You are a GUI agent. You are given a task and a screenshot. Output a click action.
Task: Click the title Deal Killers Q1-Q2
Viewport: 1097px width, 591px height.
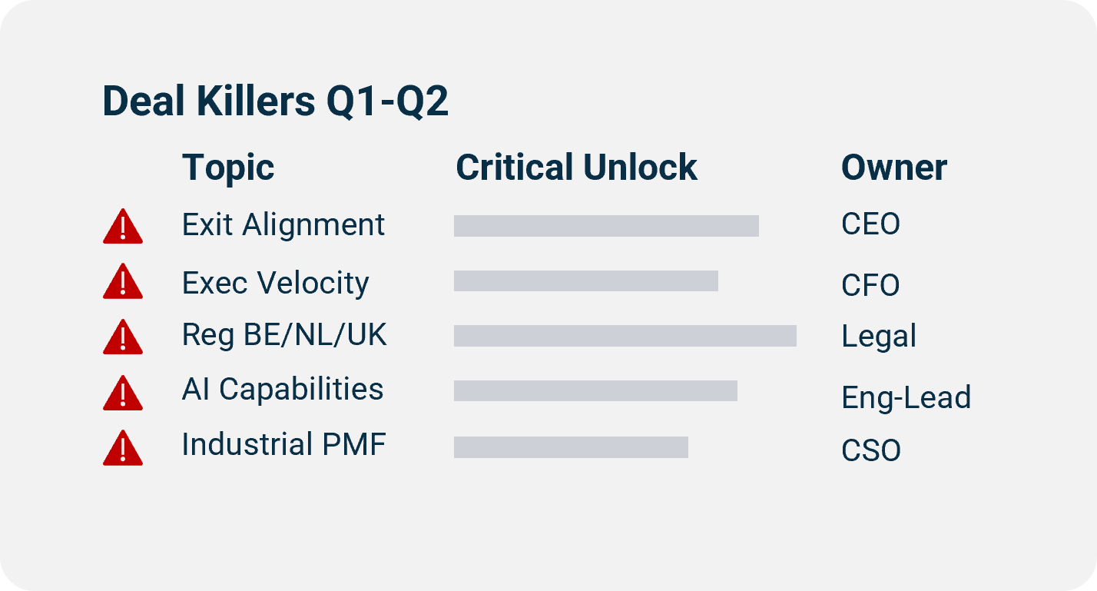pos(275,101)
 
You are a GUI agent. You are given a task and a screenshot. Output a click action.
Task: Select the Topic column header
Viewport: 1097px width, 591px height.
pos(228,168)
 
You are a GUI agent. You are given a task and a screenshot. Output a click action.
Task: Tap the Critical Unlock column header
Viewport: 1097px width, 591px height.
pos(576,168)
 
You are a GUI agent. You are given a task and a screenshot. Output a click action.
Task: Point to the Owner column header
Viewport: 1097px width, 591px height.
pos(894,168)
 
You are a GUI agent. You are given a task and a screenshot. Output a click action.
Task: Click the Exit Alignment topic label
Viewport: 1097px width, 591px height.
pos(283,225)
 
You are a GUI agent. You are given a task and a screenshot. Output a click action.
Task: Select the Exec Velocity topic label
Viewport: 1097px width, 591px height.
pos(275,283)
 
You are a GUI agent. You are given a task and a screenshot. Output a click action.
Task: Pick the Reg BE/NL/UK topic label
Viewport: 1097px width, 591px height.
pos(284,335)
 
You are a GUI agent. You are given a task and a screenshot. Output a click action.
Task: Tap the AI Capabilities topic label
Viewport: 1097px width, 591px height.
pos(283,389)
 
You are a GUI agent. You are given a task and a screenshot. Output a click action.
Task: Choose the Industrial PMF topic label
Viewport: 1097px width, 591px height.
pos(283,445)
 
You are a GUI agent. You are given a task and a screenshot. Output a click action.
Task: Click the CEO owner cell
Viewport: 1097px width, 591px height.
pos(870,225)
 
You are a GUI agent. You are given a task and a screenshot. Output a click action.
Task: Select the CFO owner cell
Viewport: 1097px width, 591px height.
pos(870,286)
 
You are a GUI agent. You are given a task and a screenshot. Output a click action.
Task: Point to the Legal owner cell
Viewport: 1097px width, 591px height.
pos(879,337)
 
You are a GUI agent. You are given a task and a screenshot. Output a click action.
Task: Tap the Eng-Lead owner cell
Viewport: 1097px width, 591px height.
pos(906,397)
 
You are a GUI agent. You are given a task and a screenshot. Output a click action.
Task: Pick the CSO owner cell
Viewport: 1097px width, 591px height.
pos(870,450)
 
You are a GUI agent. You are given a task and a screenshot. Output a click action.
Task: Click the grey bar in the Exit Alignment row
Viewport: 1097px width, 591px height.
pos(606,226)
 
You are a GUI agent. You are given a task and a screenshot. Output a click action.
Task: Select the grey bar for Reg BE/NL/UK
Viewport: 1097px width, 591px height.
pos(625,336)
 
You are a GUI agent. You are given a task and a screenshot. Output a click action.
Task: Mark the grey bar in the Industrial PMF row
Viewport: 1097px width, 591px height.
pos(571,447)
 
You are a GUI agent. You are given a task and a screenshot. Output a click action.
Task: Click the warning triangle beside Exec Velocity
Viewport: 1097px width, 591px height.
pos(123,281)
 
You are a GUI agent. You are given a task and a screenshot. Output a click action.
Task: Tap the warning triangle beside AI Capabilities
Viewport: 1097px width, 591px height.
pos(123,393)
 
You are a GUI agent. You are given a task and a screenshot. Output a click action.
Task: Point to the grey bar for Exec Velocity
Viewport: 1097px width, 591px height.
pos(585,281)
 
